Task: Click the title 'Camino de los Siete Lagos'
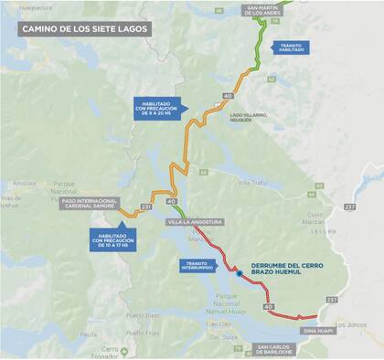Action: [83, 28]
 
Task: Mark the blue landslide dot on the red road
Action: [239, 272]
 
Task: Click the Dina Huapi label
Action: [315, 330]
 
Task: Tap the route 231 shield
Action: [146, 207]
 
